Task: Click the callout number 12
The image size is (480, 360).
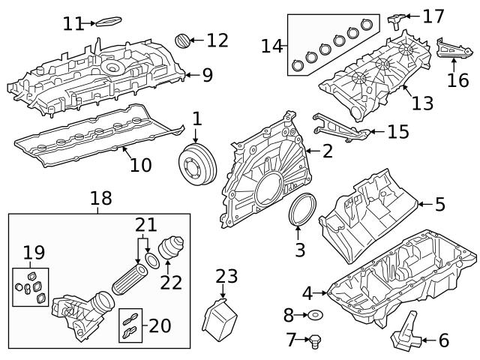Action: tap(217, 40)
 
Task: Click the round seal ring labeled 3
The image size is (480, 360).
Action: tap(300, 209)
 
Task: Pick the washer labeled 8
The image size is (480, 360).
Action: tap(315, 315)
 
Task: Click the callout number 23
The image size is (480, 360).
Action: tap(226, 277)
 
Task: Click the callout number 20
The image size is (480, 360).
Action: tap(159, 325)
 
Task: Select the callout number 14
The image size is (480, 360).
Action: tap(271, 46)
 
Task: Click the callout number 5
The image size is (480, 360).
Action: tap(439, 203)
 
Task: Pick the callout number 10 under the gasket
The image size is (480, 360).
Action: tap(140, 164)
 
